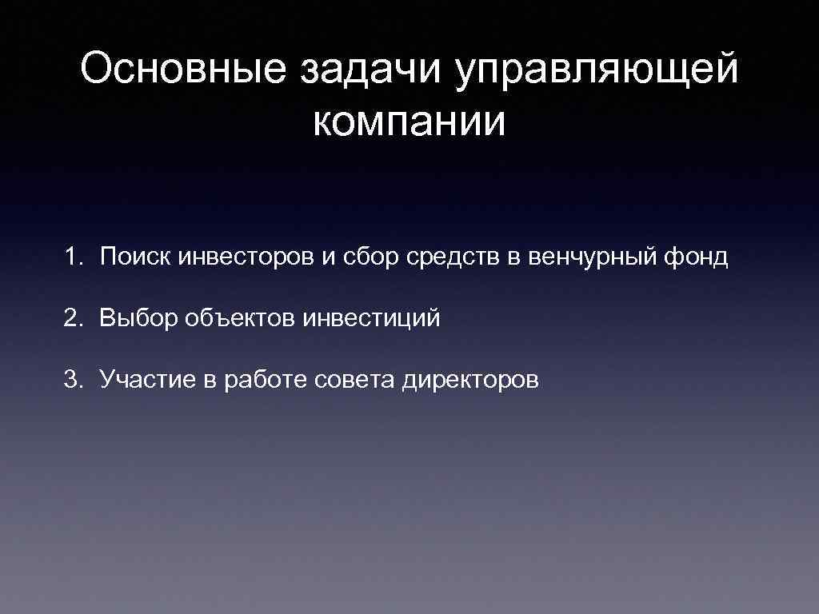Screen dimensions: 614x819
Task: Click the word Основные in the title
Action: click(183, 71)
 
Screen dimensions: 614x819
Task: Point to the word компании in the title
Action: click(409, 122)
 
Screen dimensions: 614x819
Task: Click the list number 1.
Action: click(74, 257)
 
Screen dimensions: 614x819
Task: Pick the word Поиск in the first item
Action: click(136, 257)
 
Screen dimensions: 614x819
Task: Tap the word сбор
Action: click(371, 257)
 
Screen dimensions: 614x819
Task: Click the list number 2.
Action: click(74, 318)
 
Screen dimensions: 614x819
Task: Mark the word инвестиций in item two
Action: click(372, 318)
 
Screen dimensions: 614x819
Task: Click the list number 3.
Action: click(74, 379)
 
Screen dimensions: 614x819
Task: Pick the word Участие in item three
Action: click(147, 379)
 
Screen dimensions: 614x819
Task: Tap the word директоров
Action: click(470, 379)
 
